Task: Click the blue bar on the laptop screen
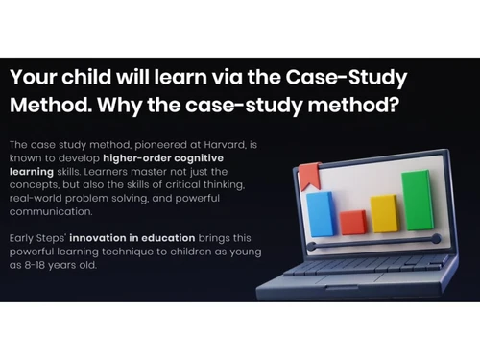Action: coord(320,213)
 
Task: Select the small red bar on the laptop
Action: coord(352,222)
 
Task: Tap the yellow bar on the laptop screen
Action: coord(384,213)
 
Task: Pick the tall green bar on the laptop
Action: coord(416,201)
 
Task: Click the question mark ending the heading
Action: coord(394,104)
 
